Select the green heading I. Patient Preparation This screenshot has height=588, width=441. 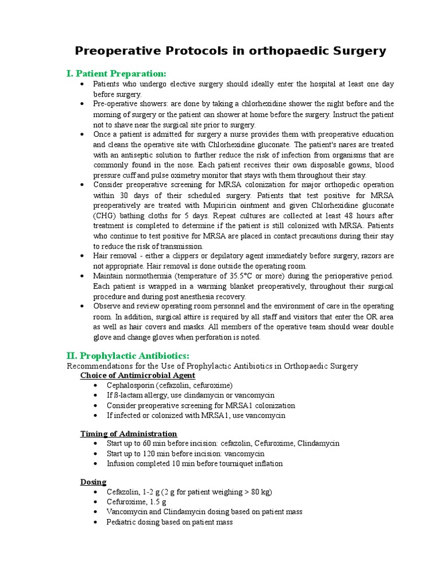[117, 73]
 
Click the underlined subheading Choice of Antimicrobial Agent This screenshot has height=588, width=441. [137, 376]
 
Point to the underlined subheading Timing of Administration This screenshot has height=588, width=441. [128, 434]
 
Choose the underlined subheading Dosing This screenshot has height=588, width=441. [93, 482]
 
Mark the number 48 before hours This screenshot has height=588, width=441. [336, 216]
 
